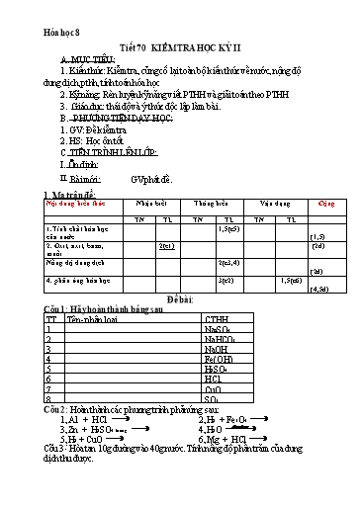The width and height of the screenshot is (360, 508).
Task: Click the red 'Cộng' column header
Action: click(x=322, y=202)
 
